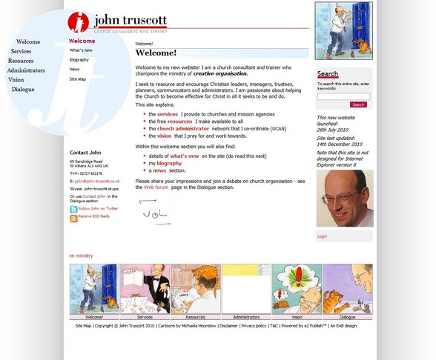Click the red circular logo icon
pyautogui.click(x=78, y=22)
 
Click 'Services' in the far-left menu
pyautogui.click(x=21, y=51)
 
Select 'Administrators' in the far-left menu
pyautogui.click(x=26, y=70)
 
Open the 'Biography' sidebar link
pyautogui.click(x=79, y=60)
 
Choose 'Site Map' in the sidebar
pyautogui.click(x=78, y=79)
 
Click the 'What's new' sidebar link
pyautogui.click(x=81, y=50)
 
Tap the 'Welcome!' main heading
pyautogui.click(x=156, y=53)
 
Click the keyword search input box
pyautogui.click(x=343, y=96)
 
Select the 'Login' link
pyautogui.click(x=323, y=236)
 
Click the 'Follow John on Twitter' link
pyautogui.click(x=98, y=209)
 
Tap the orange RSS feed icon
pyautogui.click(x=73, y=219)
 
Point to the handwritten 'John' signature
pyautogui.click(x=154, y=213)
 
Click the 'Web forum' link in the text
pyautogui.click(x=156, y=187)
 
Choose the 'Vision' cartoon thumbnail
pyautogui.click(x=297, y=290)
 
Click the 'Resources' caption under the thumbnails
pyautogui.click(x=196, y=317)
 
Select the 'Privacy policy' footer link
pyautogui.click(x=254, y=326)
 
